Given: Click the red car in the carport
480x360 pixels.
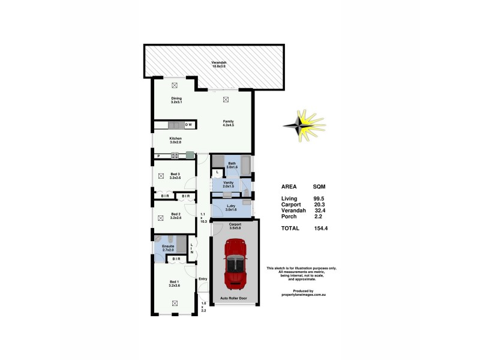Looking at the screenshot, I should click(x=235, y=264).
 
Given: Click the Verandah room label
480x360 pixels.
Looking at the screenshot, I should click(x=218, y=63).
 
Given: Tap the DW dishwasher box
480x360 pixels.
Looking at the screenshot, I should click(x=188, y=125).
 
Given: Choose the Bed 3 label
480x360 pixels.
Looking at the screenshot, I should click(x=175, y=175).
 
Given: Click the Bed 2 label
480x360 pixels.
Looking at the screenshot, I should click(x=175, y=214).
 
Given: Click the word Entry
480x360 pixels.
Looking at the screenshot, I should click(x=203, y=278).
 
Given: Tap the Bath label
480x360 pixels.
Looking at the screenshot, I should click(x=231, y=163).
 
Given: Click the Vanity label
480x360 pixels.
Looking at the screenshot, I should click(x=228, y=182).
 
